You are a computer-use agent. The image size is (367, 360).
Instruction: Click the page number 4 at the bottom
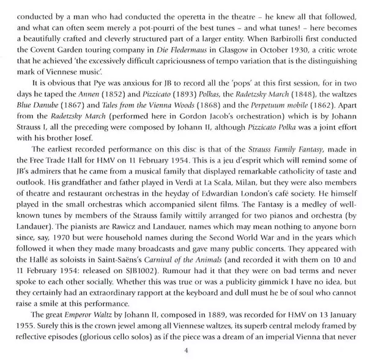tap(184, 350)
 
